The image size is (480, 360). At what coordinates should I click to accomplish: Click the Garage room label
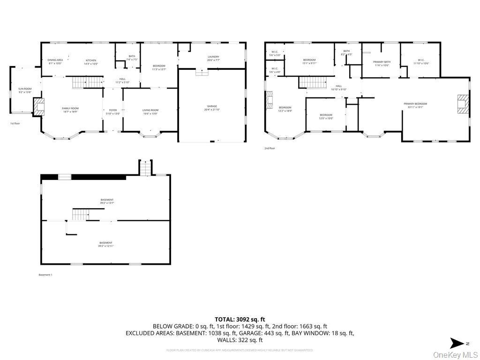(x=212, y=108)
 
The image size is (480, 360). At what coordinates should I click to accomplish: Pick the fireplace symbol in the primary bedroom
(x=463, y=104)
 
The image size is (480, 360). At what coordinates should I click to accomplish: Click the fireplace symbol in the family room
(x=39, y=106)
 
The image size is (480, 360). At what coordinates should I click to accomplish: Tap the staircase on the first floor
(x=87, y=83)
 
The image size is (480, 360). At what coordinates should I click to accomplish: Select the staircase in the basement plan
(x=80, y=215)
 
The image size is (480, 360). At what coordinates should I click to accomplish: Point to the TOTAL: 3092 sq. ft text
(x=240, y=319)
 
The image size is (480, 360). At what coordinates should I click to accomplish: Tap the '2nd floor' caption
(x=270, y=148)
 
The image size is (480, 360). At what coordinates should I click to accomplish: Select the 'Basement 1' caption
(x=45, y=275)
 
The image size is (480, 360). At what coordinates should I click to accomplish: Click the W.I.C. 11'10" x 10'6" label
(x=420, y=61)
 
